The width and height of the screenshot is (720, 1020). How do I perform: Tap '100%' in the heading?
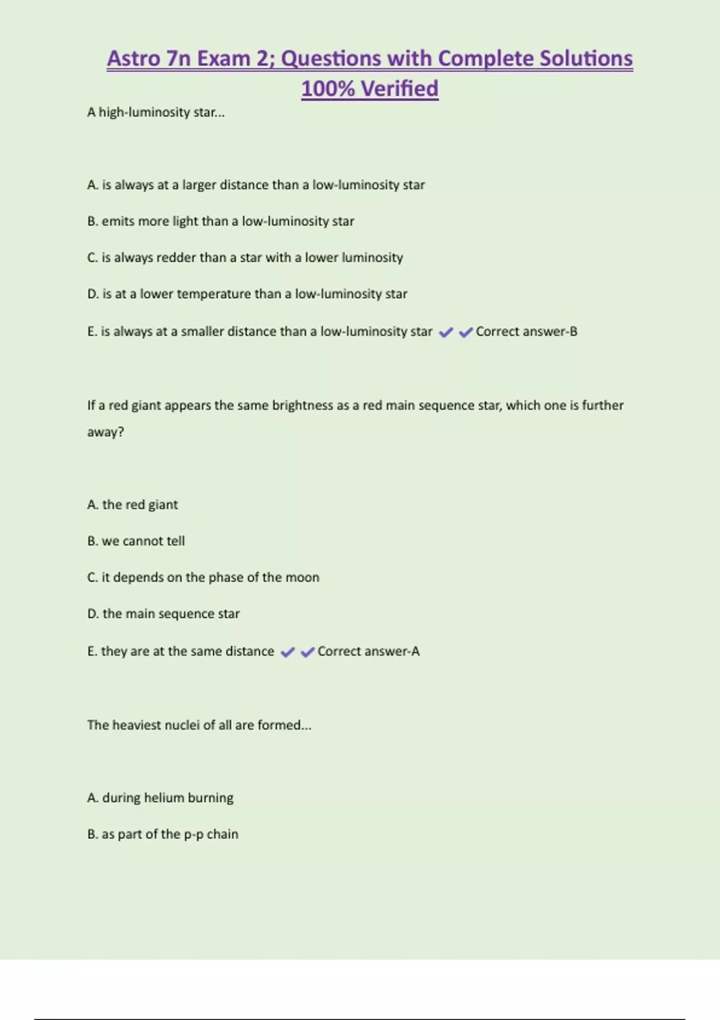328,89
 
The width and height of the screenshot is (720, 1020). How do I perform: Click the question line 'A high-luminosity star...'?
156,112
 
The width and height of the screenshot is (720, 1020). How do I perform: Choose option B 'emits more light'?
221,221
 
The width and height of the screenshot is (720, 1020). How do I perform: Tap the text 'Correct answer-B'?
526,332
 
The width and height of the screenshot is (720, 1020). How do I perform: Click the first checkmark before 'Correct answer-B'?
446,332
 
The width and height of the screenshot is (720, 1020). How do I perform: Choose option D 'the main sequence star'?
163,614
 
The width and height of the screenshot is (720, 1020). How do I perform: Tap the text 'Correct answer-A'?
368,652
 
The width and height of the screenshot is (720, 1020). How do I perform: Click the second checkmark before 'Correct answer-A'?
307,652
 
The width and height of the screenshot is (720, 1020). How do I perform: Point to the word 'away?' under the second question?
106,432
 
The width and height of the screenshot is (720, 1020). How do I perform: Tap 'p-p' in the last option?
194,835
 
